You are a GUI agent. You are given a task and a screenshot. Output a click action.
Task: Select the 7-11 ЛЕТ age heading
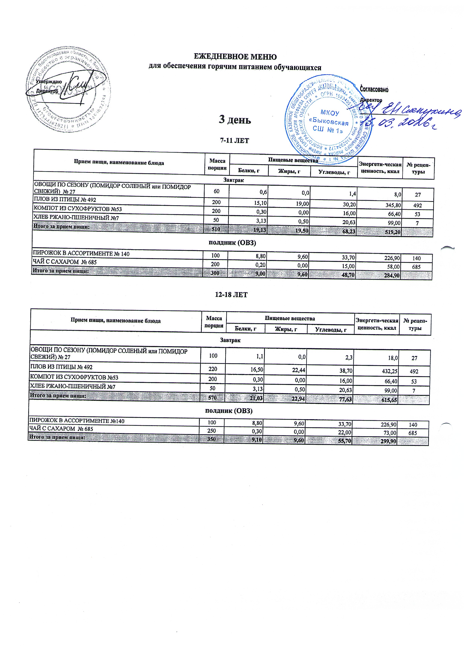tap(234, 141)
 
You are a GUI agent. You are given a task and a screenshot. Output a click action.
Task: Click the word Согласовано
tap(374, 90)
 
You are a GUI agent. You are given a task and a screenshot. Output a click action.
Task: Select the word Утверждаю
tap(49, 82)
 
